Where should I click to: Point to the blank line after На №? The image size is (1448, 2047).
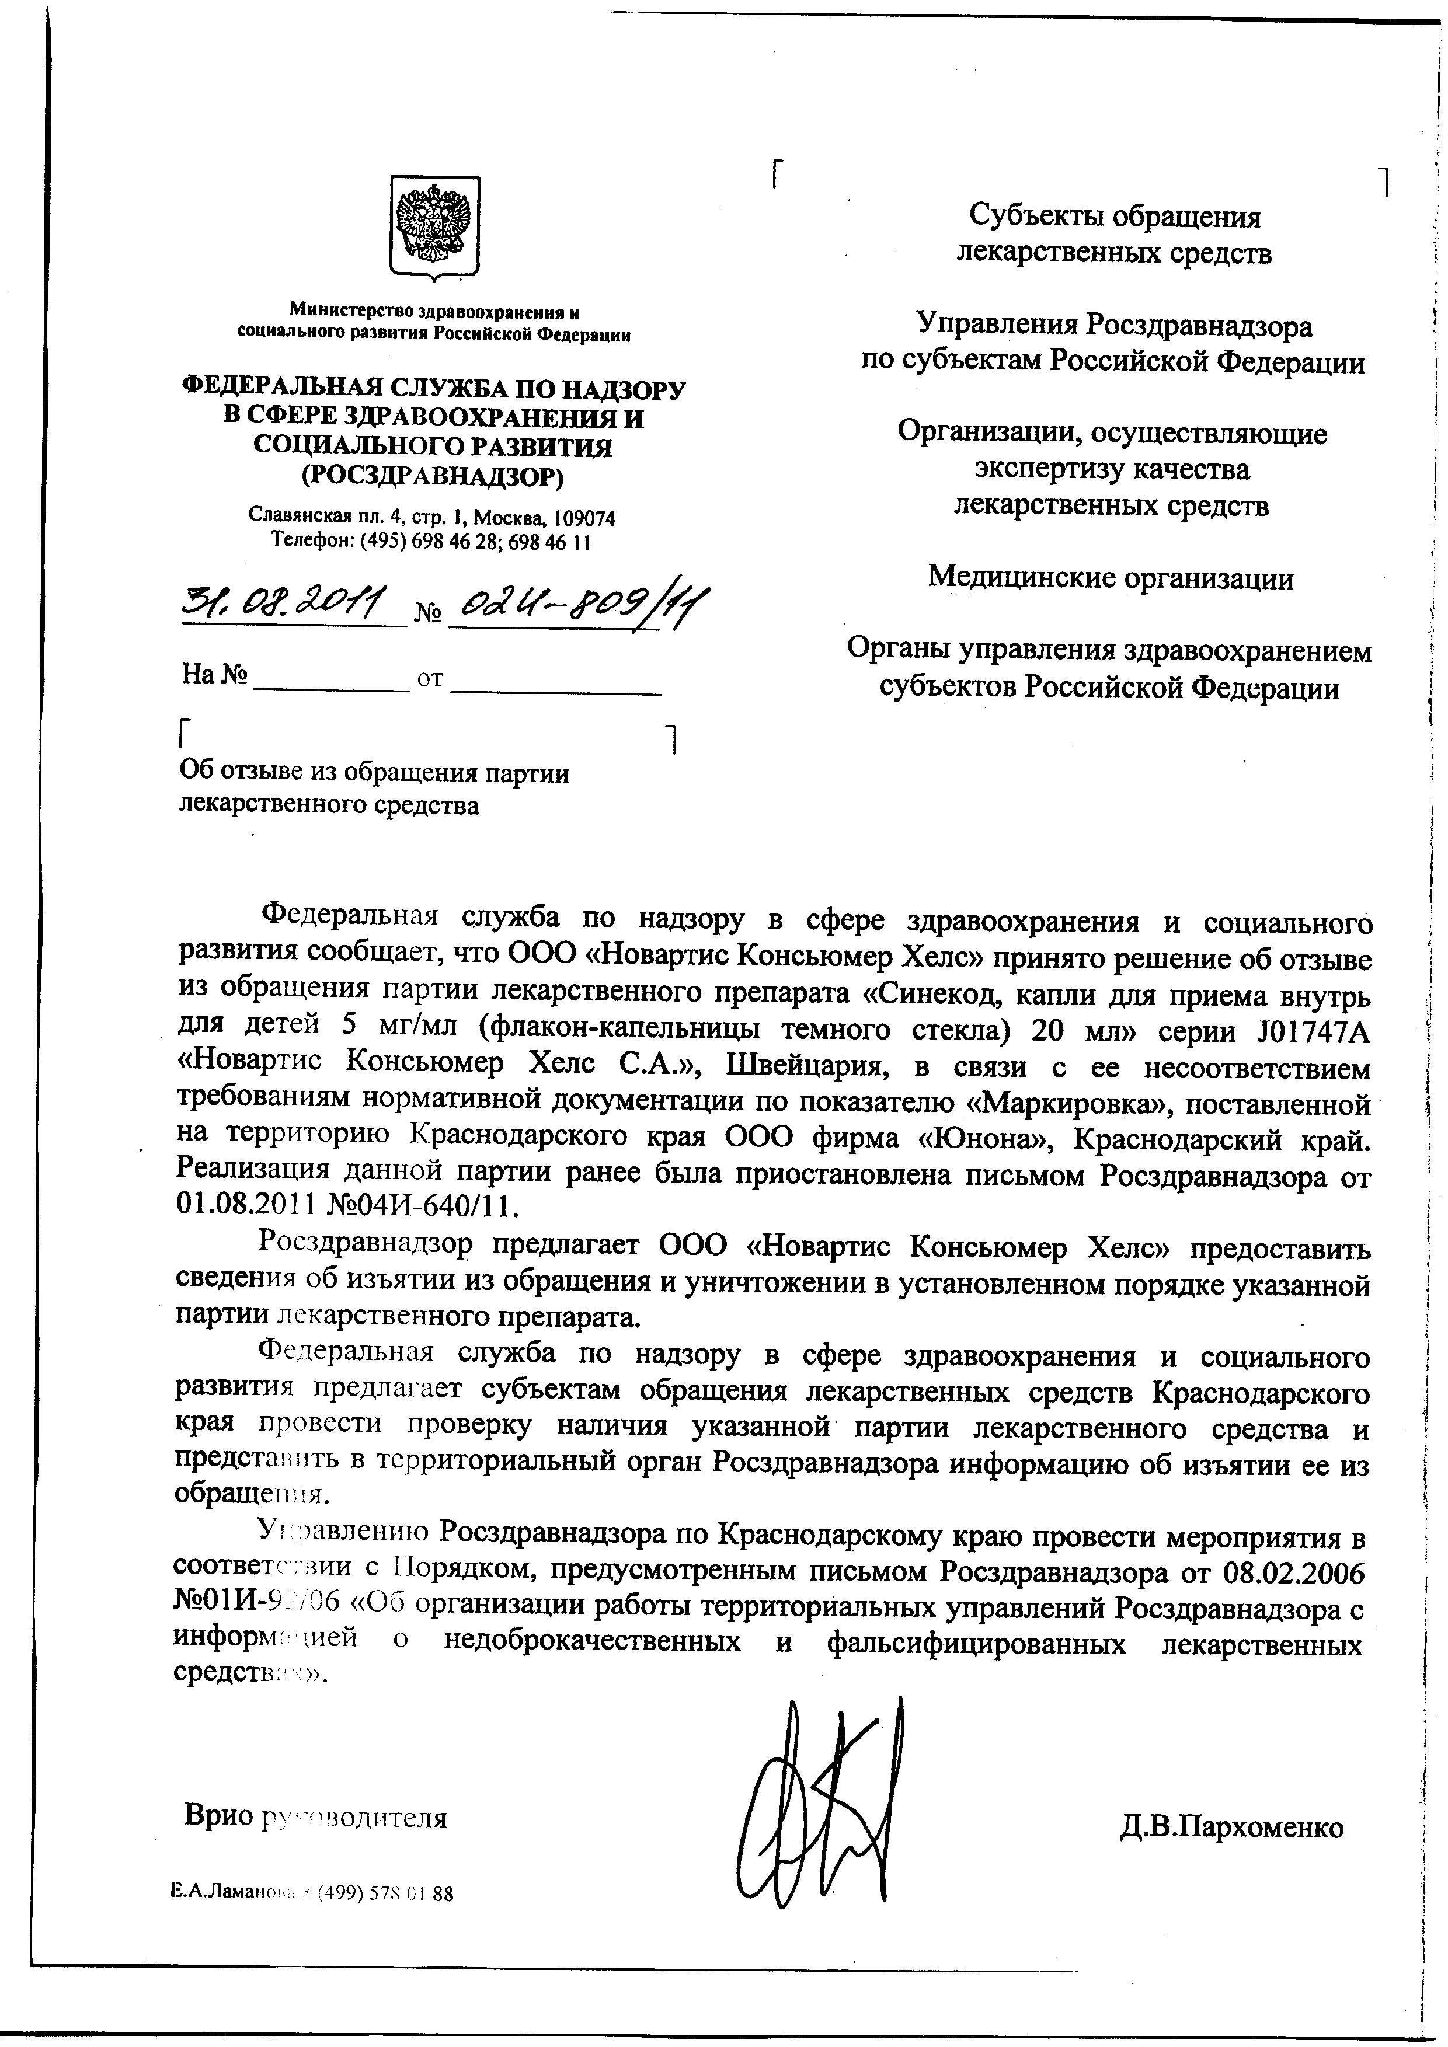coord(330,686)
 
